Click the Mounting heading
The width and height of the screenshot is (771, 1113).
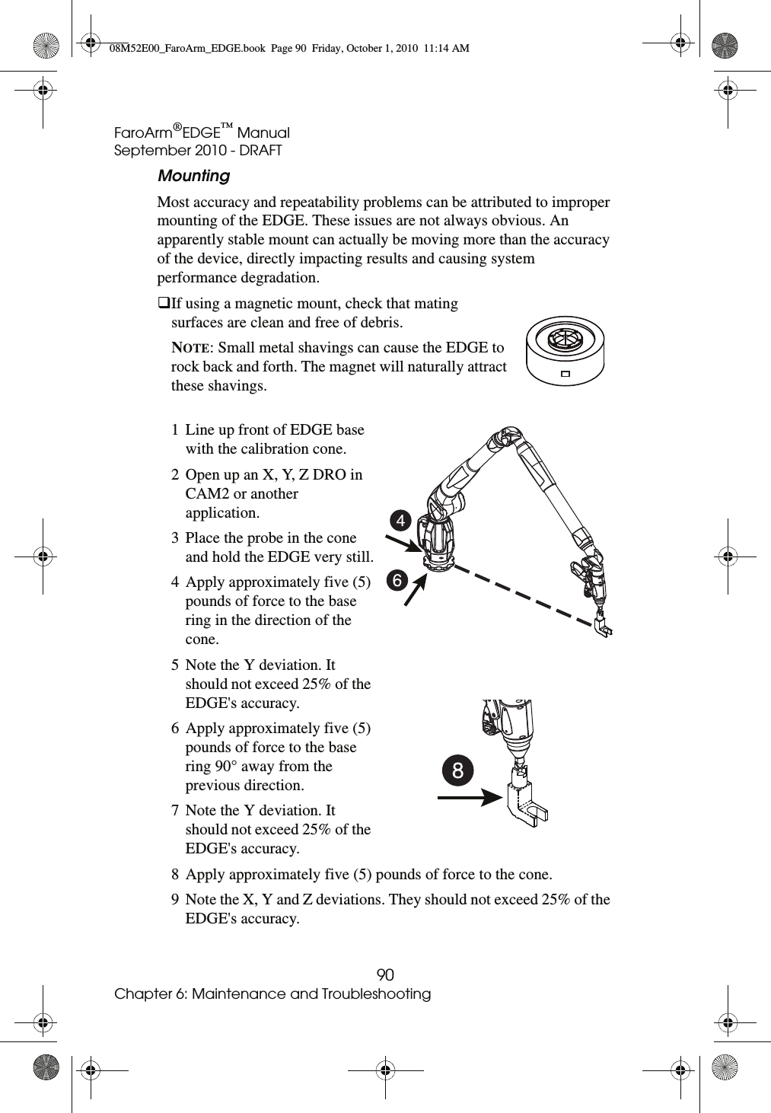coord(193,176)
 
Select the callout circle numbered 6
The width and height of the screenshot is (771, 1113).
coord(395,580)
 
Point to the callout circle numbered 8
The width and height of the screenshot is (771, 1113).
coord(457,770)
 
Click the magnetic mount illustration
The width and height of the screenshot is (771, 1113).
coord(565,351)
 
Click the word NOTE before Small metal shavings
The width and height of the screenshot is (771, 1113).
coord(192,348)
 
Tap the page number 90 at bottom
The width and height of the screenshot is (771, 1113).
coord(386,975)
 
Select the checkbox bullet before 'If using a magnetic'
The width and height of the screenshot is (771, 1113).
coord(164,304)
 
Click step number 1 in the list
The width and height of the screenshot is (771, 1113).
coord(176,430)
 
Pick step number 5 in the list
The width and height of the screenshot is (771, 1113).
coord(176,665)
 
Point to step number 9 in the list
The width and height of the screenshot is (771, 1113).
coord(176,900)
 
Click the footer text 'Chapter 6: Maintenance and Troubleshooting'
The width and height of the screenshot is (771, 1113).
coord(272,994)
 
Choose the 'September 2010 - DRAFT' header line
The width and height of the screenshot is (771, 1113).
coord(198,151)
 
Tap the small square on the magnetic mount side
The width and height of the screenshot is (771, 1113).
coord(565,374)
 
